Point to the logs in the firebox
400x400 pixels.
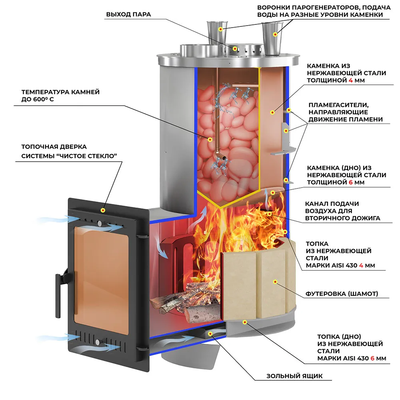coord(188,302)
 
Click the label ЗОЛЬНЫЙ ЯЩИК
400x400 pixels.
coord(294,376)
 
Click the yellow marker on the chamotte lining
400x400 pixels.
coord(275,282)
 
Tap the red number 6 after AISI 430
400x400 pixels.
coord(372,358)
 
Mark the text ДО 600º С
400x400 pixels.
coord(34,99)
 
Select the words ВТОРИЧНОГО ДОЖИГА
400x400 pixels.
coord(342,218)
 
